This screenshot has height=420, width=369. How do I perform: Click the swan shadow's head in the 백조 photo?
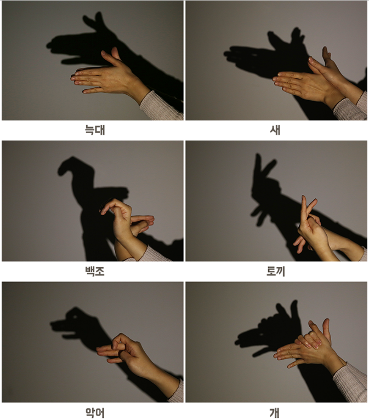click(69, 163)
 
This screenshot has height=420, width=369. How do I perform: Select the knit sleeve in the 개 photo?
click(351, 381)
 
